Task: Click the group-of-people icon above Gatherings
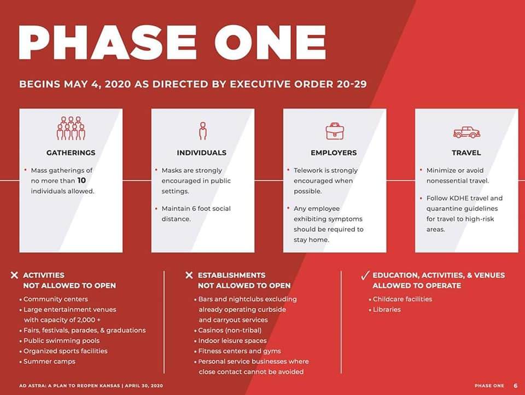71,129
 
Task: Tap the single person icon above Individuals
202,131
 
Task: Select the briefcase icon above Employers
335,131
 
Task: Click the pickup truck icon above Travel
466,132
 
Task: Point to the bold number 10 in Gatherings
81,181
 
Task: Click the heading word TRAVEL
466,153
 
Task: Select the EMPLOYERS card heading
334,153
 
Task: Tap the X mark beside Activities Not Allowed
14,275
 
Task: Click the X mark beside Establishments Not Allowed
189,275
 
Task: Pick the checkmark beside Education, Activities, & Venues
365,275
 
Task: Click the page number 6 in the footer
515,386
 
